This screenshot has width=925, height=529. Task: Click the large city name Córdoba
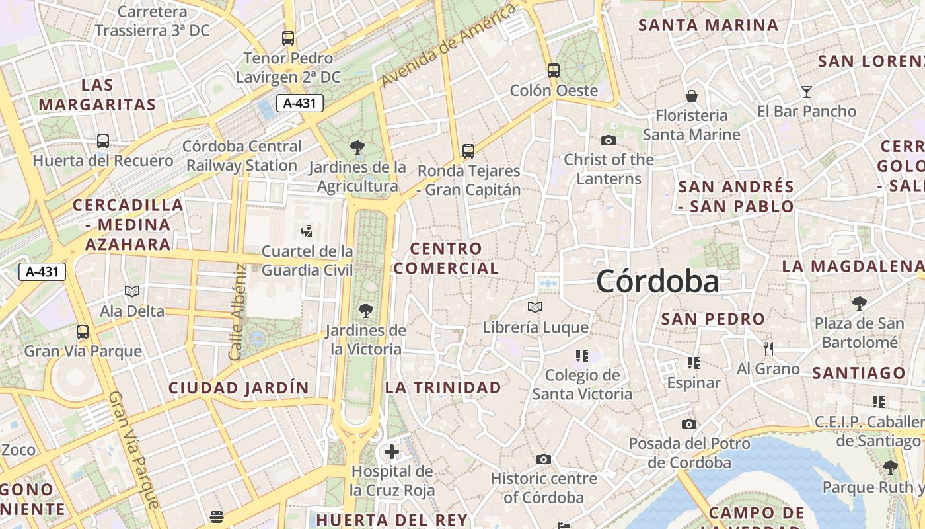click(x=657, y=282)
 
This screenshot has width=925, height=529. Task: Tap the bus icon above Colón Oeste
click(x=554, y=70)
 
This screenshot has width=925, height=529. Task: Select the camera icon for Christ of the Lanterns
click(x=609, y=140)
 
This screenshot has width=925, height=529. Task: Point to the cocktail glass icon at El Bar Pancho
click(x=807, y=91)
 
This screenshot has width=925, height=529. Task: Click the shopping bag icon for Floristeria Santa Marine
click(x=691, y=96)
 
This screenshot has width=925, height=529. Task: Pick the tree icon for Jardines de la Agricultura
click(x=357, y=147)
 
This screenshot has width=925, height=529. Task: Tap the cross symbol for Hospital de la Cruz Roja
click(x=392, y=452)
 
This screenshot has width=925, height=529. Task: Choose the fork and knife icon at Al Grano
click(x=768, y=348)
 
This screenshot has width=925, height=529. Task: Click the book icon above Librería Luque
click(x=535, y=307)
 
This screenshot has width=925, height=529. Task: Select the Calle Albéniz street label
click(x=237, y=312)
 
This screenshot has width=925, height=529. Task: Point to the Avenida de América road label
click(x=448, y=45)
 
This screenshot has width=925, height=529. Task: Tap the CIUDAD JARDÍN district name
click(x=239, y=387)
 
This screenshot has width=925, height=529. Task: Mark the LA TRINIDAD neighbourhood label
click(x=443, y=387)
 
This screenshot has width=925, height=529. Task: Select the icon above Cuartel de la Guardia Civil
click(x=307, y=231)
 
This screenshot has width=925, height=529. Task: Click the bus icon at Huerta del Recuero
click(x=103, y=140)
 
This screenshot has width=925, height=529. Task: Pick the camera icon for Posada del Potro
click(x=689, y=424)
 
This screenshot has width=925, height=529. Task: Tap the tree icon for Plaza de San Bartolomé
click(x=859, y=304)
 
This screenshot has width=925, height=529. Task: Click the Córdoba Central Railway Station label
click(x=242, y=155)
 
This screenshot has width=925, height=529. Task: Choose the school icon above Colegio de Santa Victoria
click(x=582, y=356)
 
